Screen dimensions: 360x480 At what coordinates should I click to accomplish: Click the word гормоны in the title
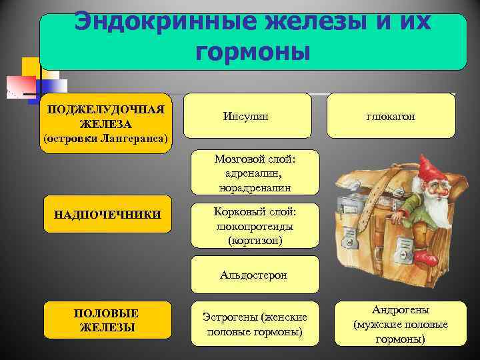pos(253,51)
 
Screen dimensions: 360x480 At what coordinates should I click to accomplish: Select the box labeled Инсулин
pos(247,116)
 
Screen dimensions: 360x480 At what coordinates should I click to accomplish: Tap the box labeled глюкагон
pos(391,116)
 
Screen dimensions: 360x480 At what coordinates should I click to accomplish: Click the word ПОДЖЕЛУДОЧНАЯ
pos(106,109)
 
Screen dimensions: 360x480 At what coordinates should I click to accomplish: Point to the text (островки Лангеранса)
pos(106,139)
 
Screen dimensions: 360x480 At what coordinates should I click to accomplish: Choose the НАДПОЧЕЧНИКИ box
pos(107,214)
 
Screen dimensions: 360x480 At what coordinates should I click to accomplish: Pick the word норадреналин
pos(255,188)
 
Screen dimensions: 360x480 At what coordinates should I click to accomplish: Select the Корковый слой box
pos(255,225)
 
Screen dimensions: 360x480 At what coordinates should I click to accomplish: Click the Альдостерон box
pos(255,275)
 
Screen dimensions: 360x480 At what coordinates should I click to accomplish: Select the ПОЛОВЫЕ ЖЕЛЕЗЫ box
pos(107,321)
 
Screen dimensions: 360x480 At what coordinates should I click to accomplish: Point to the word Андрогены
pos(401,310)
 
